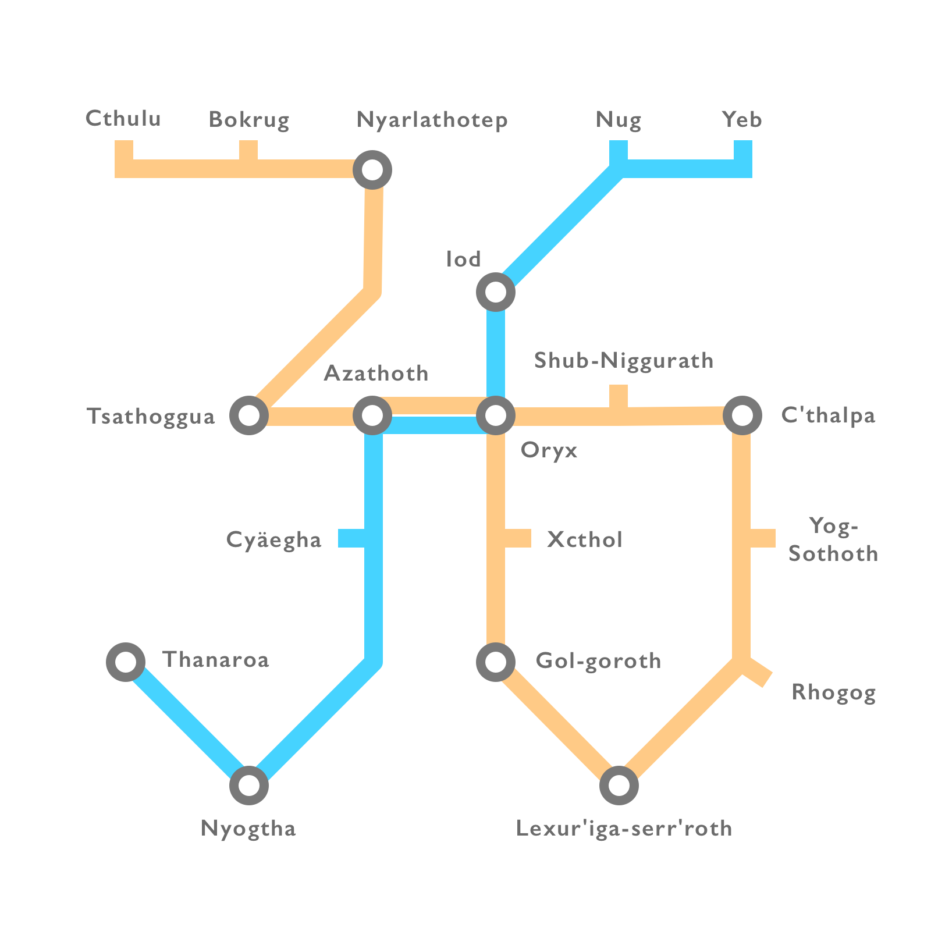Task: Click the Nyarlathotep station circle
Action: click(x=372, y=170)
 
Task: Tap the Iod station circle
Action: click(x=495, y=292)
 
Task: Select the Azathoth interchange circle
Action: click(x=372, y=415)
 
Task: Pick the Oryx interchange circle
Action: click(x=495, y=415)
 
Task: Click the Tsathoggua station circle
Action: click(x=249, y=415)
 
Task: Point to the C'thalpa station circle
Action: click(x=742, y=415)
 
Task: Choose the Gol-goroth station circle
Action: click(x=495, y=662)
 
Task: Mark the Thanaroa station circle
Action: click(x=126, y=662)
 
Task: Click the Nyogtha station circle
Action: click(x=249, y=785)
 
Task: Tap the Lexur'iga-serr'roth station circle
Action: click(x=619, y=785)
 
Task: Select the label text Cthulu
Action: click(x=123, y=119)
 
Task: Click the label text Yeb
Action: click(x=742, y=120)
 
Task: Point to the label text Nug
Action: click(x=619, y=120)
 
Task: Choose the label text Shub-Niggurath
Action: click(x=624, y=361)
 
